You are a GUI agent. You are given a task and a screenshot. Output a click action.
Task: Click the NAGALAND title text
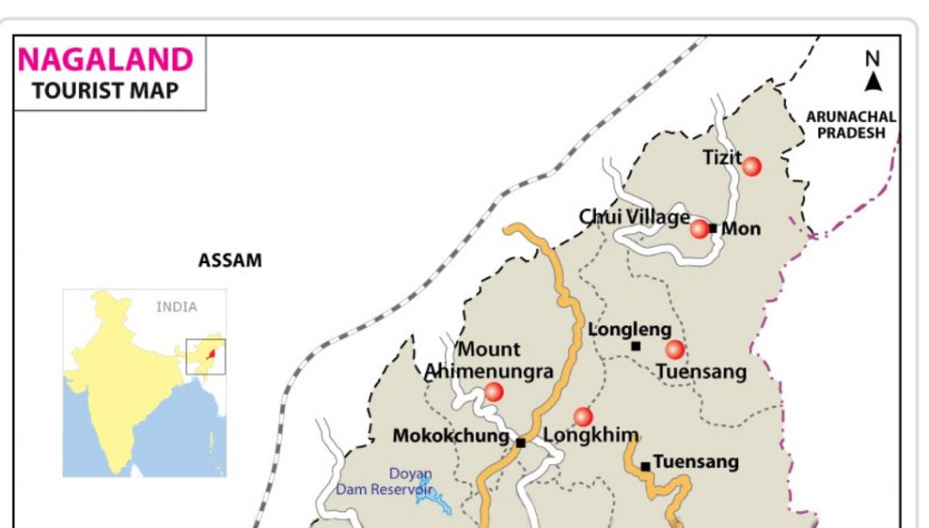[x=106, y=60]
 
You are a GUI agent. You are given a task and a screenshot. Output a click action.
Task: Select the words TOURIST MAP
[x=106, y=90]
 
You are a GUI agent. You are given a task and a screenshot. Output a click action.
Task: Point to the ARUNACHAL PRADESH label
[x=851, y=125]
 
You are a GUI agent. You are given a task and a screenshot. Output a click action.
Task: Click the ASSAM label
[x=230, y=261]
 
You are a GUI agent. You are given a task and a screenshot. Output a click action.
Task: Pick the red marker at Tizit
[x=752, y=166]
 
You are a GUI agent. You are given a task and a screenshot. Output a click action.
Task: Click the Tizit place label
[x=722, y=157]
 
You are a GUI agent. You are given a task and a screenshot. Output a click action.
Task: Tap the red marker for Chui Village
[x=699, y=228]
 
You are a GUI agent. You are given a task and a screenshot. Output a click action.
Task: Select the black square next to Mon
[x=713, y=228]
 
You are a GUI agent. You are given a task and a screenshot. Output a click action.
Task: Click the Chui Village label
[x=634, y=217]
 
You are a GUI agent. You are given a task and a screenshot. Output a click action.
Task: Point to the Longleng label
[x=630, y=330]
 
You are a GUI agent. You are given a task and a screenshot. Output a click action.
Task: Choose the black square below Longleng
[x=635, y=346]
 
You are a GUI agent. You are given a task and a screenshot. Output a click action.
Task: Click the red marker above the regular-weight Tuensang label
[x=674, y=350]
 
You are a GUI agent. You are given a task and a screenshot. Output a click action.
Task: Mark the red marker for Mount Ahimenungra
[x=493, y=391]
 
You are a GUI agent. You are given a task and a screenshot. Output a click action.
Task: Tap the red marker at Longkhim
[x=583, y=416]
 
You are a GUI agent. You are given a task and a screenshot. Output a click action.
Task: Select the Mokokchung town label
[x=450, y=436]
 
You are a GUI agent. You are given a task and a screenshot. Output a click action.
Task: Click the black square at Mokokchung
[x=520, y=443]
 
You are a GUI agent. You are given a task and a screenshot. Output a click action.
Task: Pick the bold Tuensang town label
[x=696, y=462]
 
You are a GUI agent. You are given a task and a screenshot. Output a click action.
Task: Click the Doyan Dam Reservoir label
[x=383, y=482]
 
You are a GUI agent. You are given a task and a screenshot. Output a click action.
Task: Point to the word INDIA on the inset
[x=177, y=307]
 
